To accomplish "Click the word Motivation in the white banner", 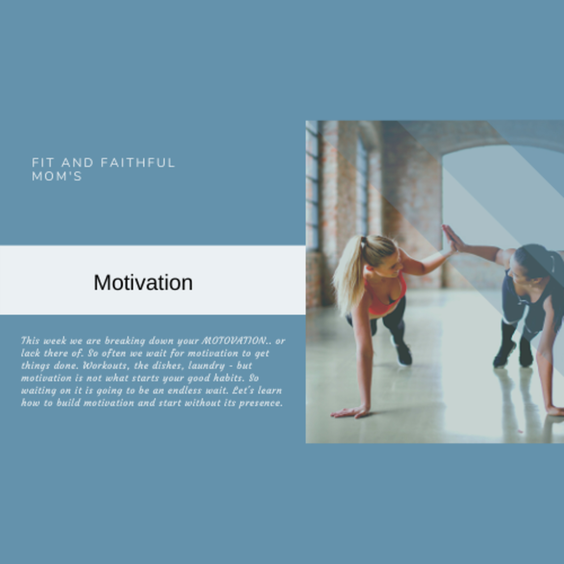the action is [143, 282].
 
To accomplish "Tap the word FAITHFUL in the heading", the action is [138, 163].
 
